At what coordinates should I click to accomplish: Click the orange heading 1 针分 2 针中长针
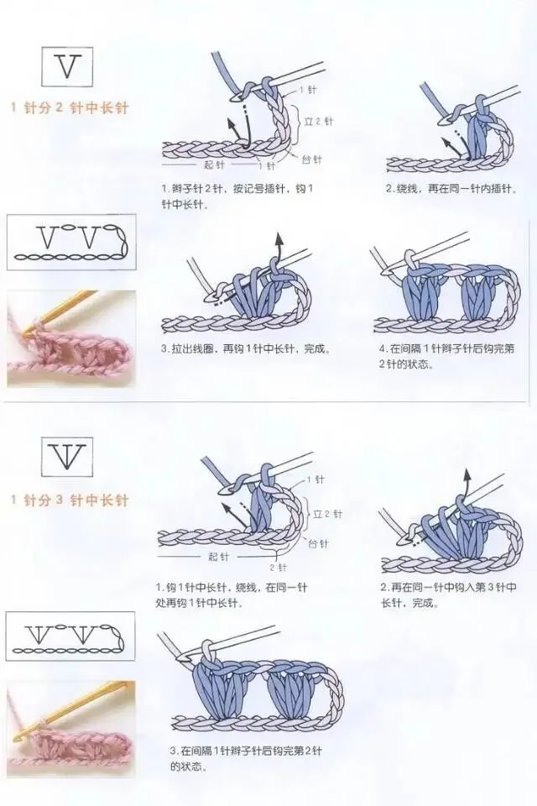point(70,107)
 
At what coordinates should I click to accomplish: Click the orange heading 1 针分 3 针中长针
point(70,500)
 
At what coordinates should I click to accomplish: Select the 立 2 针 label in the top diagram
point(318,122)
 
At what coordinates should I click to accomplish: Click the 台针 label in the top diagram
point(311,158)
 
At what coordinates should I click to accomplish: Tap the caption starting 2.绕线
point(450,188)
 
